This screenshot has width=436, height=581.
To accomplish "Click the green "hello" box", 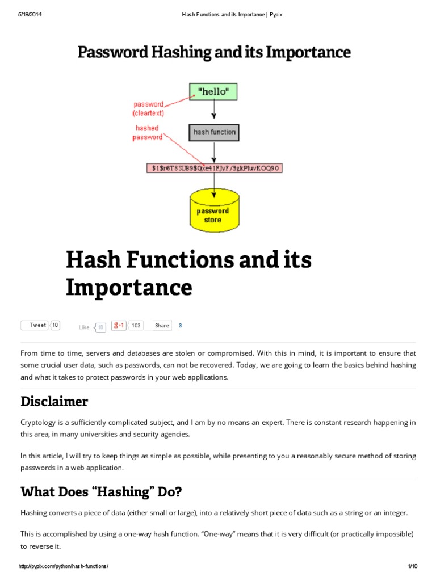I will pyautogui.click(x=213, y=91).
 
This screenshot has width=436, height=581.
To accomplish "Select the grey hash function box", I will pyautogui.click(x=214, y=132).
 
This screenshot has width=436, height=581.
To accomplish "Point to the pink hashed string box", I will pyautogui.click(x=214, y=168).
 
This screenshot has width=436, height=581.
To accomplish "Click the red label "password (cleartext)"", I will pyautogui.click(x=149, y=108).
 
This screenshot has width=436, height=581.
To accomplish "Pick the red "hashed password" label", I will pyautogui.click(x=147, y=133).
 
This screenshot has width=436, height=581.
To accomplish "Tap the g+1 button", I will pyautogui.click(x=119, y=325).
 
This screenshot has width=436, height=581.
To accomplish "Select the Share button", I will pyautogui.click(x=162, y=326).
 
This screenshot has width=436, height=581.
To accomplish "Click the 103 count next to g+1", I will pyautogui.click(x=136, y=325).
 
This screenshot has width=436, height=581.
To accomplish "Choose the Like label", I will pyautogui.click(x=84, y=327).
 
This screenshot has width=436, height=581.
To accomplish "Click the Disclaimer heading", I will pyautogui.click(x=54, y=402).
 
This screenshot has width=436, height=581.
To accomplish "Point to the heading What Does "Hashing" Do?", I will pyautogui.click(x=101, y=491).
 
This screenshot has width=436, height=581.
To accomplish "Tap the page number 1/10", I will pyautogui.click(x=413, y=566).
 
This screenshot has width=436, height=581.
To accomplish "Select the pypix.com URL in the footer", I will pyautogui.click(x=63, y=566).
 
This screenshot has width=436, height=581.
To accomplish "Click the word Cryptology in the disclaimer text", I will pyautogui.click(x=39, y=423).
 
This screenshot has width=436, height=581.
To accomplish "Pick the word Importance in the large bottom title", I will pyautogui.click(x=129, y=288).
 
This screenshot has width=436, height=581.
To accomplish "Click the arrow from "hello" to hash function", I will pyautogui.click(x=214, y=112).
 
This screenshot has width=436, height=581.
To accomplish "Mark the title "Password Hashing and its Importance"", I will pyautogui.click(x=214, y=53).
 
